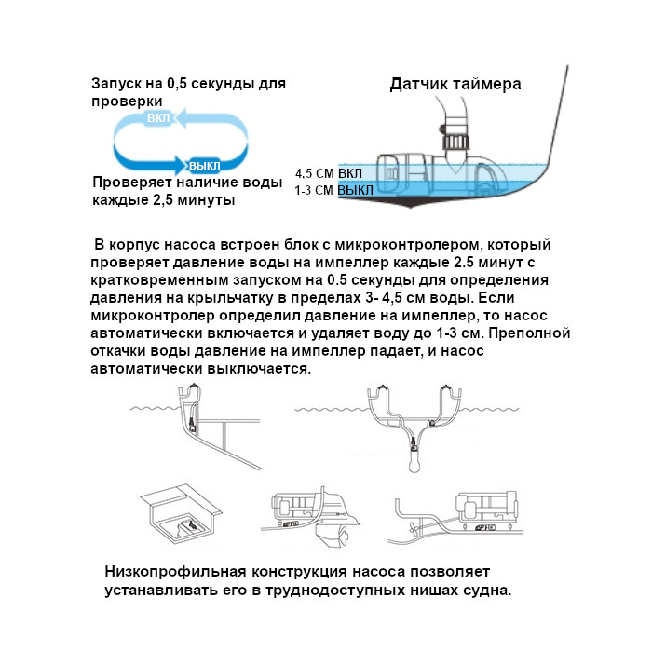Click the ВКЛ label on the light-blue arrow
pyautogui.click(x=159, y=119)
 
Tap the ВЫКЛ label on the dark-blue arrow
pyautogui.click(x=206, y=164)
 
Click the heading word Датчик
pyautogui.click(x=420, y=85)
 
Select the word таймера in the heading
pyautogui.click(x=488, y=85)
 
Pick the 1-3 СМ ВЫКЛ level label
pyautogui.click(x=333, y=190)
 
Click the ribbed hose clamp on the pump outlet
pyautogui.click(x=455, y=144)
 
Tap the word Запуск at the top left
pyautogui.click(x=116, y=84)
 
